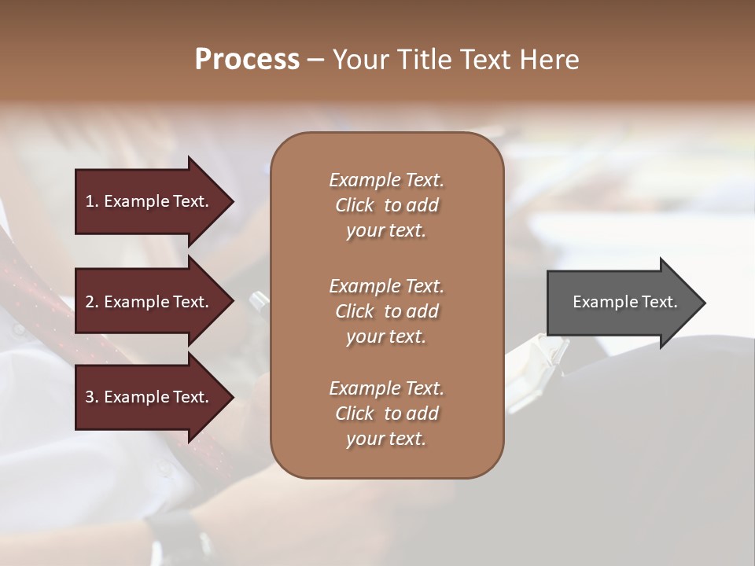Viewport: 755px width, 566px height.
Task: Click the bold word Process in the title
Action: tap(247, 60)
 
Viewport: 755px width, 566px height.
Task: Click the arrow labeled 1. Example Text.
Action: tap(149, 201)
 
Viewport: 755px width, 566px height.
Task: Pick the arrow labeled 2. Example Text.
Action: tap(149, 302)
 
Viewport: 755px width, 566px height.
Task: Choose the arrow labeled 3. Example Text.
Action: tap(149, 397)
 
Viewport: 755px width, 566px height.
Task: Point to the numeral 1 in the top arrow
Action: tap(90, 201)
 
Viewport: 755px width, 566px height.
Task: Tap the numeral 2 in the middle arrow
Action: tap(90, 302)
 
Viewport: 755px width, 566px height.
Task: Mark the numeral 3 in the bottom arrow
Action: tap(90, 397)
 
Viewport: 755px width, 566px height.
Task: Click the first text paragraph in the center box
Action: tap(386, 205)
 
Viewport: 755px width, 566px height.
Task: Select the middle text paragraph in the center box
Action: tap(386, 311)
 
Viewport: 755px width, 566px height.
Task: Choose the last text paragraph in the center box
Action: tap(386, 413)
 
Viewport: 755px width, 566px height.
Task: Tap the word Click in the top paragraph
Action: tap(354, 205)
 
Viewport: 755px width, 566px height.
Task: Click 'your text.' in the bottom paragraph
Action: tap(386, 439)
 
